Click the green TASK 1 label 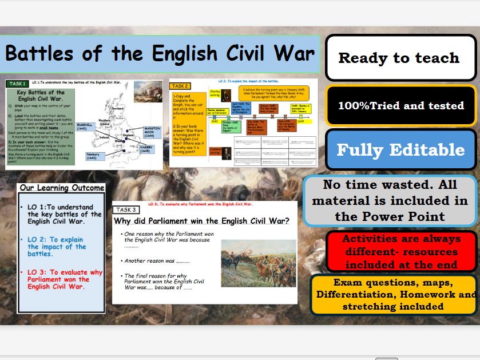(17, 84)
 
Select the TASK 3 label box (126, 210)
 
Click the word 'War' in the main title (295, 53)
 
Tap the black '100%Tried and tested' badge (400, 105)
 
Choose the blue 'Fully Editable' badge (400, 150)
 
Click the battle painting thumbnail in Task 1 (148, 94)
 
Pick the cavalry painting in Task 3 (258, 263)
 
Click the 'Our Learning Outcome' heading (62, 188)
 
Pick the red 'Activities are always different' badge (402, 252)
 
